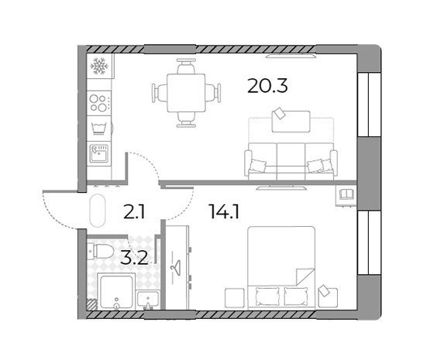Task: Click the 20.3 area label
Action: click(267, 86)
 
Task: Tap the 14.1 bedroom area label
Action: click(224, 212)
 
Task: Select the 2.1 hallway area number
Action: click(133, 213)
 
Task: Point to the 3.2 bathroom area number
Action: click(134, 258)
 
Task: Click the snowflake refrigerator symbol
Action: click(99, 66)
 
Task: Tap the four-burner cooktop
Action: click(99, 103)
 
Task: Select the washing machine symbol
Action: click(99, 129)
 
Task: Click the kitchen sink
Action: click(99, 153)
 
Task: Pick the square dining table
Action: click(186, 93)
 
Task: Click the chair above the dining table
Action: click(186, 66)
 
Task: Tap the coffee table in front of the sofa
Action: click(291, 122)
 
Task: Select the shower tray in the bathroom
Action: click(116, 292)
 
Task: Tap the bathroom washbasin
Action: click(148, 300)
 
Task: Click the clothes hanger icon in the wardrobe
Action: click(175, 267)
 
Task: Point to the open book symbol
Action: click(346, 194)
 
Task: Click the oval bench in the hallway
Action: click(98, 211)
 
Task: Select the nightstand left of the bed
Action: click(235, 298)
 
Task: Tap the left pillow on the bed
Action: click(267, 297)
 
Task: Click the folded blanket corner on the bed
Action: click(305, 276)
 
